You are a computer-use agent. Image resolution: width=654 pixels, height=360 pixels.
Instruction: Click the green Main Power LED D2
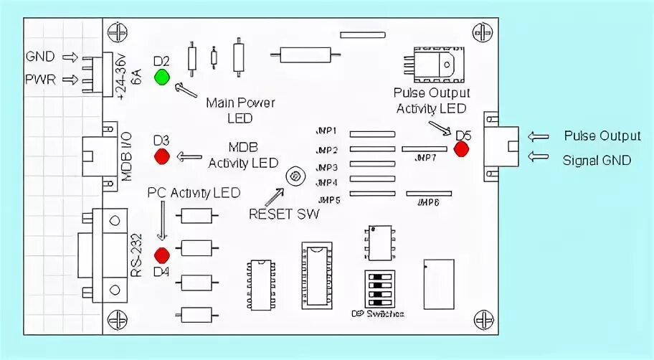[162, 76]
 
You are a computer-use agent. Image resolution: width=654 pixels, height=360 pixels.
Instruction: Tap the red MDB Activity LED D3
[162, 155]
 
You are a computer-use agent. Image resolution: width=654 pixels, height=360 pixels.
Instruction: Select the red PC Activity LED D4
[162, 254]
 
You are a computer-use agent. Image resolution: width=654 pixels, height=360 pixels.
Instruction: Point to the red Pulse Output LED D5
[460, 149]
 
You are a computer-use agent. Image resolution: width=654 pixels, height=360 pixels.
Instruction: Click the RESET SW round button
[293, 175]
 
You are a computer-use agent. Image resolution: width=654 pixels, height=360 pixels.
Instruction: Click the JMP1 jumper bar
[372, 134]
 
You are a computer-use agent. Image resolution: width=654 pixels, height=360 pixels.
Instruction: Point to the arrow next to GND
[70, 57]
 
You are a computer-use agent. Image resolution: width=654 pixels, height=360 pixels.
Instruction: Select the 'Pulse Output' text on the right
[602, 136]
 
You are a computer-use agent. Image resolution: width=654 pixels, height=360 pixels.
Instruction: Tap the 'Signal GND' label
[597, 160]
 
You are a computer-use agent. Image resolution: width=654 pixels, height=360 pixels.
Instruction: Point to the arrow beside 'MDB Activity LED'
[191, 156]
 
